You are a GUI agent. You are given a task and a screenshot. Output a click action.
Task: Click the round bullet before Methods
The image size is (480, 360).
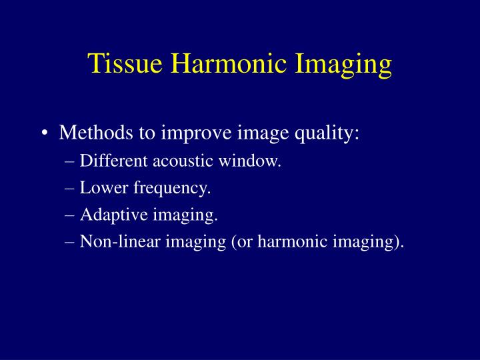click(45, 133)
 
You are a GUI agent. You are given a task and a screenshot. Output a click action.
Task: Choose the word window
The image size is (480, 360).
click(256, 161)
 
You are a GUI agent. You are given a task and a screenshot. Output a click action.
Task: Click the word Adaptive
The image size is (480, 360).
click(109, 215)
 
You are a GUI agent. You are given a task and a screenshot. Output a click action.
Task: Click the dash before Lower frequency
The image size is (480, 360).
click(71, 188)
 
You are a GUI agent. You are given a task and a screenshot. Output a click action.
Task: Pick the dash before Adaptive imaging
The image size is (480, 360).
click(71, 215)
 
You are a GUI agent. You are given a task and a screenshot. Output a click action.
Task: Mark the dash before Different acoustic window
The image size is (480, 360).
click(71, 161)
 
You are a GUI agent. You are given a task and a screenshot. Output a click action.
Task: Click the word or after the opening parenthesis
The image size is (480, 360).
click(243, 242)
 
